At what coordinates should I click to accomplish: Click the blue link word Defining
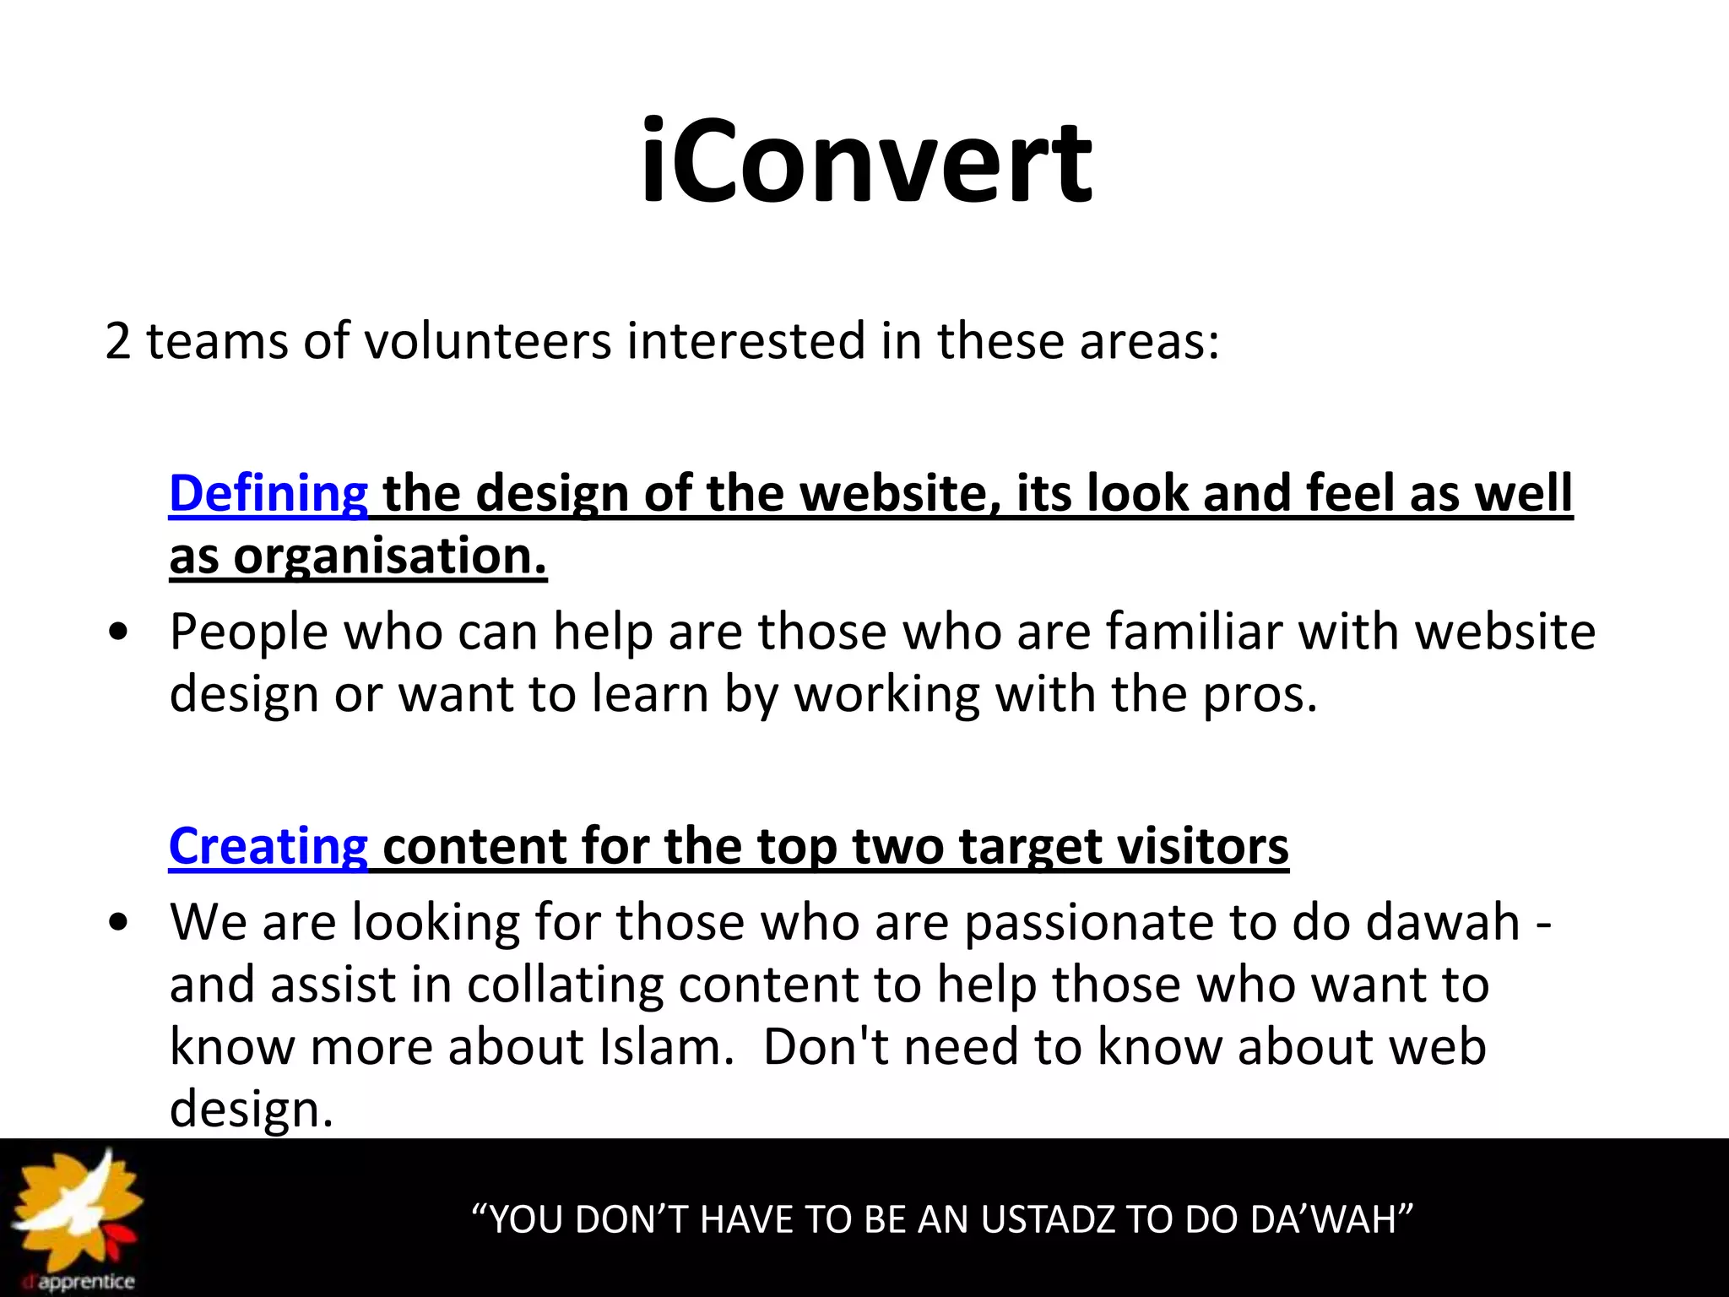coord(268,493)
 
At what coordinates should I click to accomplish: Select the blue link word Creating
coord(268,846)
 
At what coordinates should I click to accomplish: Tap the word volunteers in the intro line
coord(488,341)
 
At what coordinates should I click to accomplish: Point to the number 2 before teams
coord(118,341)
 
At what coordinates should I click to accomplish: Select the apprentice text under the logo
coord(86,1282)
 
